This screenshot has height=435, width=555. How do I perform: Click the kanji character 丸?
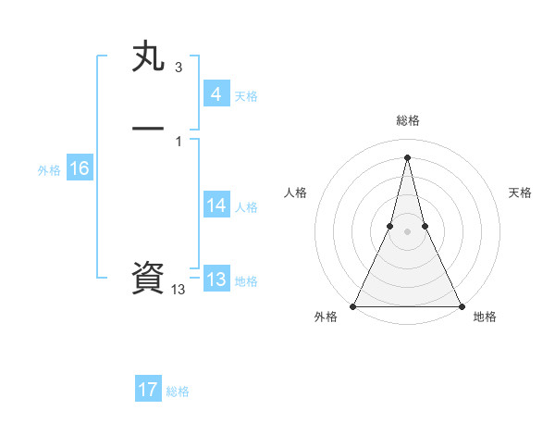[x=149, y=57]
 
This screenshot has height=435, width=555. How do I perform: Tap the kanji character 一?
[x=149, y=129]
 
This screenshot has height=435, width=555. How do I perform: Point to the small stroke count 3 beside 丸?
[x=178, y=68]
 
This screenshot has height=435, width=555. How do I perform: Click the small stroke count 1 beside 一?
[x=178, y=141]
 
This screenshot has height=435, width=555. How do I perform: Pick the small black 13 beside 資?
[x=179, y=290]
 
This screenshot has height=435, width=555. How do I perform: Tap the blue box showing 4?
[x=216, y=94]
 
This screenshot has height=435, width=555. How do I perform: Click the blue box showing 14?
[x=216, y=205]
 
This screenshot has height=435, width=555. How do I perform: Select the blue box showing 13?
[x=216, y=280]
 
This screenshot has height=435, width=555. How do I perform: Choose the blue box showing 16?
[x=79, y=168]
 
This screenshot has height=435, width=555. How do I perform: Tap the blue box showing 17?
[x=148, y=390]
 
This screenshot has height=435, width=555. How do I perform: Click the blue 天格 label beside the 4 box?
[x=246, y=96]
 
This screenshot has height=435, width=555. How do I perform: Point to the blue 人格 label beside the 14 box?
[x=246, y=207]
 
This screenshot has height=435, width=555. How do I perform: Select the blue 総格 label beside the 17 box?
[x=178, y=391]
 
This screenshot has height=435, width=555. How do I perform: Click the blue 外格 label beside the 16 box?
[x=49, y=170]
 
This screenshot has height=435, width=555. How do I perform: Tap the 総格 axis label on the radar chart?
[x=407, y=120]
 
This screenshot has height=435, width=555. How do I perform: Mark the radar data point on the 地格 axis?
[x=461, y=305]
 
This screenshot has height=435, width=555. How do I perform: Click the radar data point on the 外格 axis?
[x=353, y=305]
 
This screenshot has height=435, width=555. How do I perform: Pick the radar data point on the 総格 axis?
[x=407, y=156]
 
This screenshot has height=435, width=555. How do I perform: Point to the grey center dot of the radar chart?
[x=407, y=231]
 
